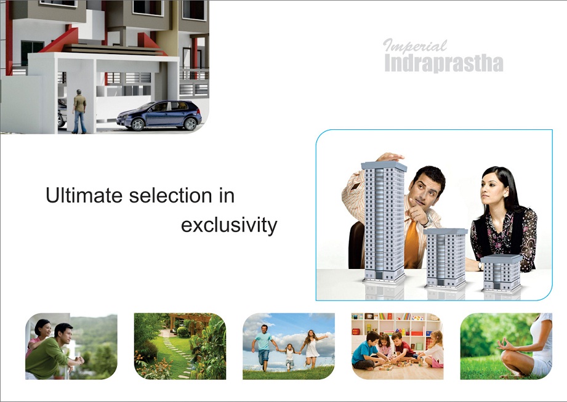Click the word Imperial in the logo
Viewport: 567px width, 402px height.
coord(415,46)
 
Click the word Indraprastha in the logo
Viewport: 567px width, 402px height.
coord(444,63)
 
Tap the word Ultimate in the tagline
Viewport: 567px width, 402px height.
coord(84,195)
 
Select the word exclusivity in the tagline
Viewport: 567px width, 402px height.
coord(229,225)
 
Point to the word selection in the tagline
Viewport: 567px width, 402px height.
coord(171,195)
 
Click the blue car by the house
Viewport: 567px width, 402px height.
coord(159,115)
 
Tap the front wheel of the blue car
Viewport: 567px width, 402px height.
coord(137,124)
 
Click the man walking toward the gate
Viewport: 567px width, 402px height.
coord(79,111)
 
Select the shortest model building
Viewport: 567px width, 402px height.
coord(502,273)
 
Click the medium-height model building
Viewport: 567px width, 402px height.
coord(446,258)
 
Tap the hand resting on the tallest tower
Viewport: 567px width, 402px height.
coord(390,157)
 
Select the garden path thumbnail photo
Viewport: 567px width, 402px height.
coord(180,347)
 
